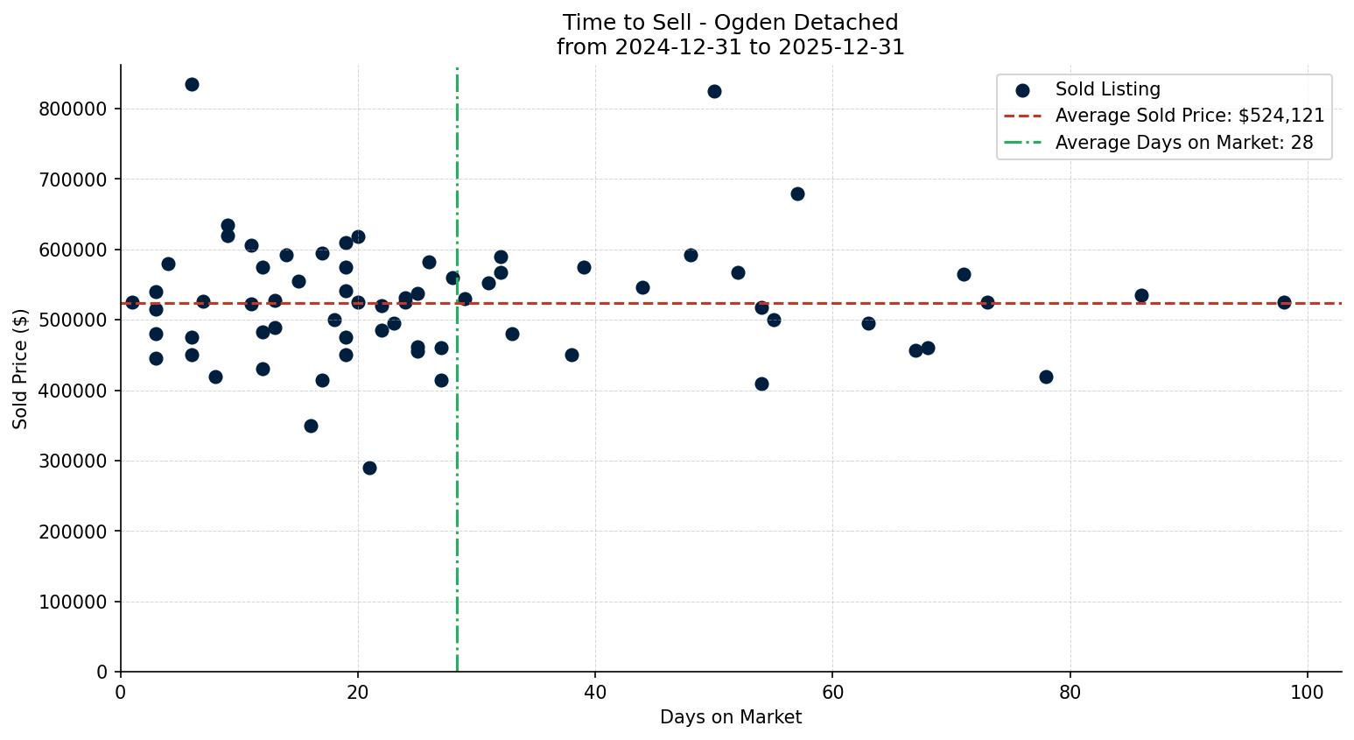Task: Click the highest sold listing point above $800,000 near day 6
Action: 192,85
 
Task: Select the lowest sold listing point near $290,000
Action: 369,468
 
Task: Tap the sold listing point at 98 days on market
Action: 1284,302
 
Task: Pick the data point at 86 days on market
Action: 1141,295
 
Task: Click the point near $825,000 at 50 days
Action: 714,91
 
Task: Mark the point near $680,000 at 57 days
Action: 797,194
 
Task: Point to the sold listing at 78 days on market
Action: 1046,377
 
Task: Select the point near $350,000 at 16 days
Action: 311,426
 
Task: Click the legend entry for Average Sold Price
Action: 1189,116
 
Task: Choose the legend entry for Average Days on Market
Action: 1183,143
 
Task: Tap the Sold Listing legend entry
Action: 1107,89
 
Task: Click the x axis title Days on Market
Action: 731,717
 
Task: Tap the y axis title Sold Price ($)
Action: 20,369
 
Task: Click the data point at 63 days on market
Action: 868,323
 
